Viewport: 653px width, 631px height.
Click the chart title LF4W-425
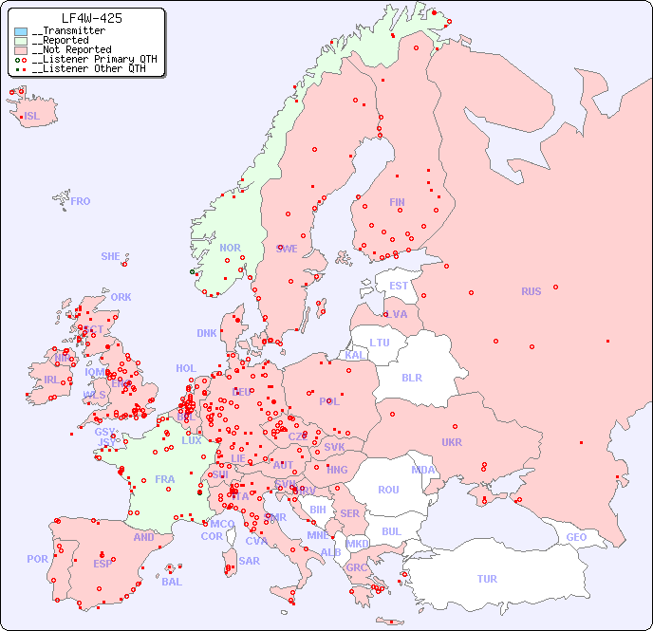point(91,18)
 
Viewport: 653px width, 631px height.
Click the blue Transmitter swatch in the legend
point(21,31)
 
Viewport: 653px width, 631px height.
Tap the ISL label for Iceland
point(32,117)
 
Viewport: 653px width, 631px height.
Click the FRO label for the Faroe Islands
point(81,201)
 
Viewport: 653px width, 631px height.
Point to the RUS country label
point(531,291)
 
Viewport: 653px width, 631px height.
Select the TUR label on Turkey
point(487,579)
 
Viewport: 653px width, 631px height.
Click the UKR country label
point(452,442)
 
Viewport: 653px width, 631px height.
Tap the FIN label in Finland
point(397,202)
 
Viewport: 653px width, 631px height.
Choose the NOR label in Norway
point(230,248)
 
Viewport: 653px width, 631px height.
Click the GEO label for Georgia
point(576,537)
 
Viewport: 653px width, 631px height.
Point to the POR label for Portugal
point(37,559)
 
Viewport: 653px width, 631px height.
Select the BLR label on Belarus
point(411,377)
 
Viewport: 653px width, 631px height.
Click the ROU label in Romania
point(388,490)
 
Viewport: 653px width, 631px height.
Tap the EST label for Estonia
point(399,286)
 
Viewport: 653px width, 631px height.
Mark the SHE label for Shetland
point(111,256)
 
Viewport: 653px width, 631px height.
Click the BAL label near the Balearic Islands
point(172,582)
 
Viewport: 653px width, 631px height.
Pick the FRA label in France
point(165,479)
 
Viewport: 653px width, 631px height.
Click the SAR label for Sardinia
point(249,561)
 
